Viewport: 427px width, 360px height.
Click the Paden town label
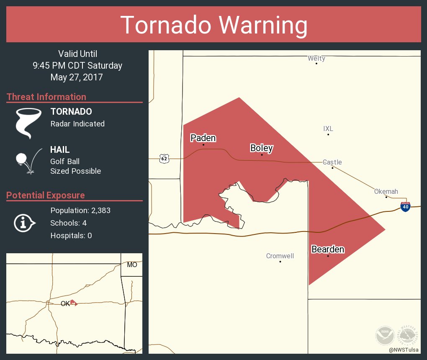coord(203,138)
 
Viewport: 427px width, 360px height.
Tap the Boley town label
coord(262,148)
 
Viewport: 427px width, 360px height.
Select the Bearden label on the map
coord(328,249)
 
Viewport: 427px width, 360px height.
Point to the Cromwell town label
coord(280,256)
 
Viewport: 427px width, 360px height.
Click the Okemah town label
coord(386,191)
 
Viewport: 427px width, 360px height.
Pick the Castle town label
coord(332,162)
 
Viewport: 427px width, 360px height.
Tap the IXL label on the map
coord(328,129)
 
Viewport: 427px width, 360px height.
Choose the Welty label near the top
coord(316,58)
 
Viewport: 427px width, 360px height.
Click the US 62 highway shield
coord(164,158)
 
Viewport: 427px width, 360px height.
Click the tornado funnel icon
coord(28,123)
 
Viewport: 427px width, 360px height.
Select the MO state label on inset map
coord(132,265)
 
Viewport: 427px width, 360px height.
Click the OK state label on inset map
coord(65,304)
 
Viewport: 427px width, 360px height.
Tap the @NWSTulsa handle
coord(404,350)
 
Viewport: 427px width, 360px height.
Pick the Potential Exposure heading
coord(46,195)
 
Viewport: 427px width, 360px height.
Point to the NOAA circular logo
coord(385,336)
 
